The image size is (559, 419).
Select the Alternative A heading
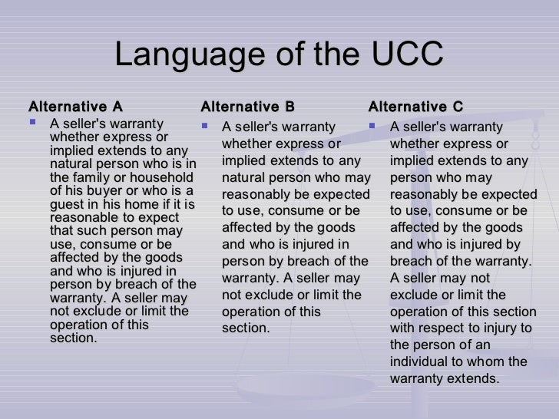[x=75, y=106]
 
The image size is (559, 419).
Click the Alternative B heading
[x=247, y=106]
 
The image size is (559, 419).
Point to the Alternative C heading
[x=416, y=106]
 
